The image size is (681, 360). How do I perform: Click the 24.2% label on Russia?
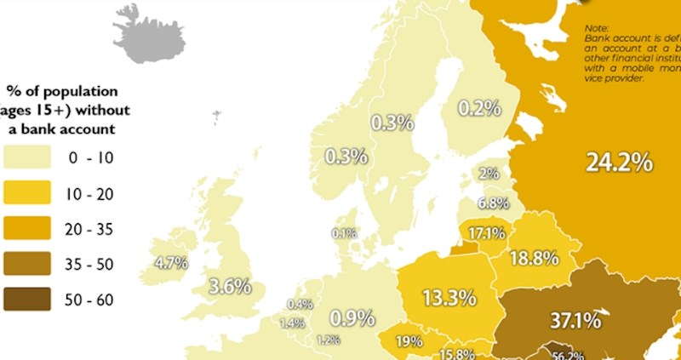619,162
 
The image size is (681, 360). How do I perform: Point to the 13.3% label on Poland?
449,298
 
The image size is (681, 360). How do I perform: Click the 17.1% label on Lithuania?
485,232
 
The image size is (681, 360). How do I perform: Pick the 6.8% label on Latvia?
493,203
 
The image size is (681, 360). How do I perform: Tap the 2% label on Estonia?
489,174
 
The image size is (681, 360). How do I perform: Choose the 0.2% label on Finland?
478,108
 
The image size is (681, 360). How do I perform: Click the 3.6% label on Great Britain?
230,286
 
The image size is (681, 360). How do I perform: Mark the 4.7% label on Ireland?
170,263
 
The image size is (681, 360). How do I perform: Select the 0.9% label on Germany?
352,318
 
